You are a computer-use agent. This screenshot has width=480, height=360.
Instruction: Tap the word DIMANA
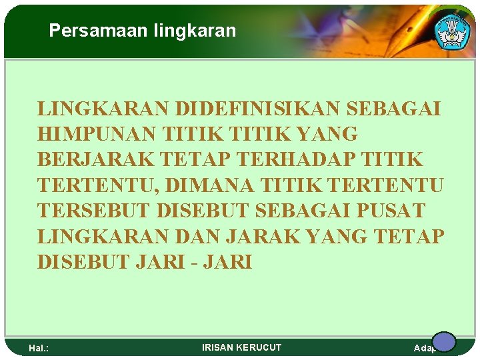click(215, 185)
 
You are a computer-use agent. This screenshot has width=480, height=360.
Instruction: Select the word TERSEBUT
click(93, 211)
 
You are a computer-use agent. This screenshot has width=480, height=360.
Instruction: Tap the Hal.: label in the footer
click(39, 348)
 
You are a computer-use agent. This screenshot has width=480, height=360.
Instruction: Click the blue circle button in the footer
click(443, 342)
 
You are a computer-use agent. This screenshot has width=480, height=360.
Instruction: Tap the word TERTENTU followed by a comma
click(91, 185)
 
